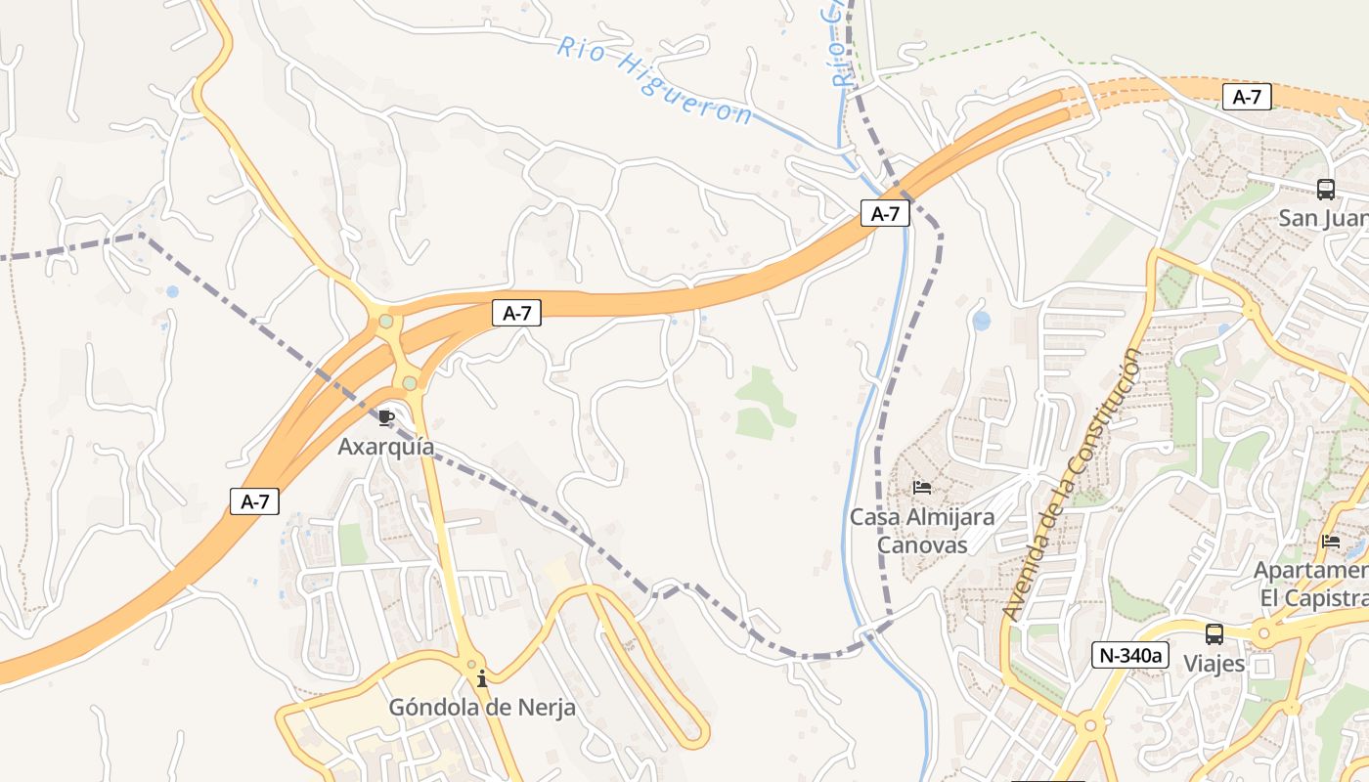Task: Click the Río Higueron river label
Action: click(655, 82)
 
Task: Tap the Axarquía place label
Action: click(386, 447)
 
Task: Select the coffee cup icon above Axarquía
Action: click(386, 418)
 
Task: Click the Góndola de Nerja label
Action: click(482, 707)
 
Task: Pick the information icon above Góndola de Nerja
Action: click(482, 678)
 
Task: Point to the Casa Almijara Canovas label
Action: click(921, 531)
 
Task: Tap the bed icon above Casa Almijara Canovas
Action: click(921, 487)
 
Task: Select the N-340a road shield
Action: click(1130, 655)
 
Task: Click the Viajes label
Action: click(1214, 664)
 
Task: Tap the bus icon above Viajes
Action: click(1214, 634)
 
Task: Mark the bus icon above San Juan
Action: click(1326, 190)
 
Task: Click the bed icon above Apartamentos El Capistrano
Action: click(1330, 541)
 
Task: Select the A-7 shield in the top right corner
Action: click(1247, 97)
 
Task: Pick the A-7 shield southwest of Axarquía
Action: click(254, 501)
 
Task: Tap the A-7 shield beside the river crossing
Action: click(885, 213)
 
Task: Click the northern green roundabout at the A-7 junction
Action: click(386, 321)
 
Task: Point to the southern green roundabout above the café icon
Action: click(409, 383)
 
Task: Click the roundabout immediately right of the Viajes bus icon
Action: click(1263, 633)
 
